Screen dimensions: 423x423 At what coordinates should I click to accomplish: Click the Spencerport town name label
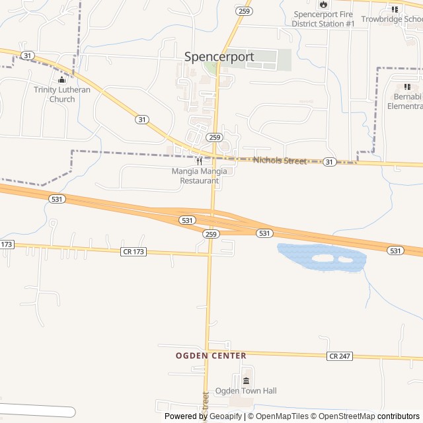click(x=219, y=57)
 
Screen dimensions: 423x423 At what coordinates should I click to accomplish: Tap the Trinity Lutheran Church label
click(x=62, y=95)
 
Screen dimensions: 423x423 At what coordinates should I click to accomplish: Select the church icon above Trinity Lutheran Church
click(x=62, y=81)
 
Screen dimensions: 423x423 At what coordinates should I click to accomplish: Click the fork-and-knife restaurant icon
click(x=199, y=161)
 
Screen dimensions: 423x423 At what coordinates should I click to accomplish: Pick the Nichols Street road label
click(x=280, y=161)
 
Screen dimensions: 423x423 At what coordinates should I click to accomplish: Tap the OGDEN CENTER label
click(x=211, y=356)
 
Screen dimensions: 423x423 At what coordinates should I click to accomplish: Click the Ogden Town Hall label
click(x=246, y=391)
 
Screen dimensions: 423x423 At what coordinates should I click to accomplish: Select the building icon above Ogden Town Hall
click(x=247, y=381)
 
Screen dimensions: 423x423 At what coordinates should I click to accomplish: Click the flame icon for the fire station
click(x=323, y=4)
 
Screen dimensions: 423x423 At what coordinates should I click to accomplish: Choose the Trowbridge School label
click(x=393, y=19)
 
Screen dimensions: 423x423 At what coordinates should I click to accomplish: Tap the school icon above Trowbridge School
click(x=395, y=9)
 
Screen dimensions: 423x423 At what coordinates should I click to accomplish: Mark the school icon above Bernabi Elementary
click(x=407, y=87)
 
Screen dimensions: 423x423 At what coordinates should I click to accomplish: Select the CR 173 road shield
click(x=134, y=252)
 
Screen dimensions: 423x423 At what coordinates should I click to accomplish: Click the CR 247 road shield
click(x=339, y=356)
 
